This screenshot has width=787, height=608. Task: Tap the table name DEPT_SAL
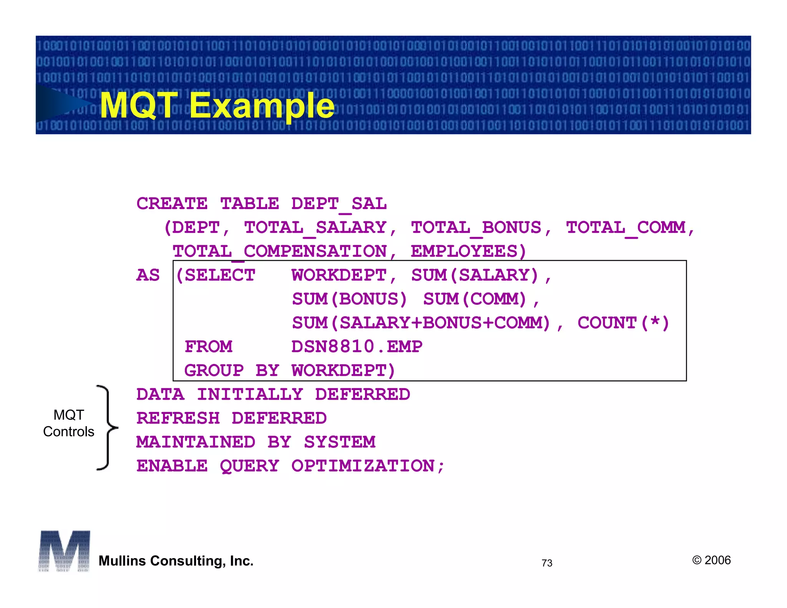tap(339, 204)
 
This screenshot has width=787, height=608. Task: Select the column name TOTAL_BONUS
tap(476, 228)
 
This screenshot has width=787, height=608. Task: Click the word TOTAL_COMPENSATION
tap(279, 252)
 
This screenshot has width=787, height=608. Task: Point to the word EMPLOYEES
tap(464, 252)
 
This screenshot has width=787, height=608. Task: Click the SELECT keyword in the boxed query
tap(220, 276)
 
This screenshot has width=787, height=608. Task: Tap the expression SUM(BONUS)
tap(349, 299)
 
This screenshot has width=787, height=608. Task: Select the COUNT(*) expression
tap(623, 323)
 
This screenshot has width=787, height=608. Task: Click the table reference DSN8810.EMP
tap(357, 347)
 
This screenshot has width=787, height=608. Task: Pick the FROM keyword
tap(208, 347)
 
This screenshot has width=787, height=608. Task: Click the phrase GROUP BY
tap(232, 371)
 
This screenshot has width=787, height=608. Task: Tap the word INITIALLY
tap(250, 395)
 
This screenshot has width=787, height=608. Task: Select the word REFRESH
tap(178, 419)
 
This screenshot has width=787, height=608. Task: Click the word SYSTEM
tap(340, 442)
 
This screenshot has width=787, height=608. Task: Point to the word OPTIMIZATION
tap(363, 466)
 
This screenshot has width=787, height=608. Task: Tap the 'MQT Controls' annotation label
tap(69, 423)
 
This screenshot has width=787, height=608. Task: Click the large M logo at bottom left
tap(64, 551)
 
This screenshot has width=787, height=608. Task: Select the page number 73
tap(547, 563)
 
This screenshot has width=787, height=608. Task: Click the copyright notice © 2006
tap(711, 560)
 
